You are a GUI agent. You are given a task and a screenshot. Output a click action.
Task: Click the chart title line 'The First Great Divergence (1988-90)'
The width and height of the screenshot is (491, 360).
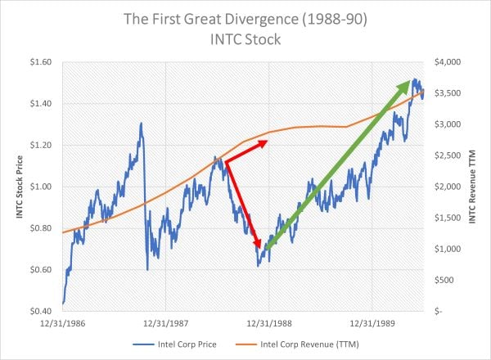245,18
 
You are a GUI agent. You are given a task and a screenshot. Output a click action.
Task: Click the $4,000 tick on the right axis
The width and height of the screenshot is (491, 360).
446,62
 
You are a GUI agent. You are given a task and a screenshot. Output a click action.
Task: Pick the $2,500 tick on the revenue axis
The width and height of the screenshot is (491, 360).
446,155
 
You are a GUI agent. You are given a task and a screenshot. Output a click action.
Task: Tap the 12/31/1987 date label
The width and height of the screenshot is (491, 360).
166,324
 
